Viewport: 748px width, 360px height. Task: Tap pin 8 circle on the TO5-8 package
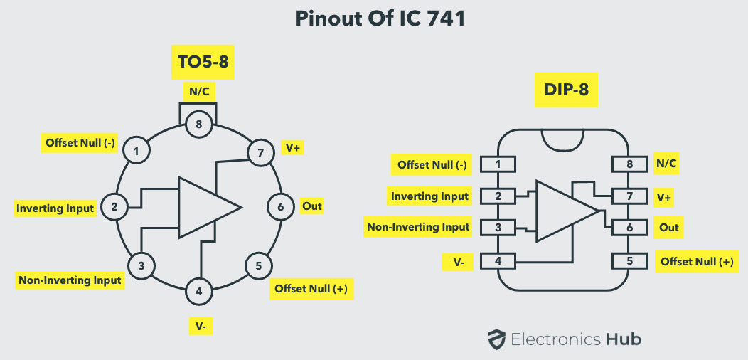pyautogui.click(x=199, y=125)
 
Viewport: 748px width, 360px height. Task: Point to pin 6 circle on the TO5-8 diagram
pyautogui.click(x=280, y=207)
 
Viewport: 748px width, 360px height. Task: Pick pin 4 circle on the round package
pyautogui.click(x=198, y=290)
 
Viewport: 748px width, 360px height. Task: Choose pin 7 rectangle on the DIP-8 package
pyautogui.click(x=629, y=196)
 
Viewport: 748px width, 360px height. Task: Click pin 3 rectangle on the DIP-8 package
pyautogui.click(x=498, y=228)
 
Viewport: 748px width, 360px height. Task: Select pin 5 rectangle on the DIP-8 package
pyautogui.click(x=629, y=261)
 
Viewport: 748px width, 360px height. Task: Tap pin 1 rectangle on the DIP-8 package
pyautogui.click(x=498, y=164)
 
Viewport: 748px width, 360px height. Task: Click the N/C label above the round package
pyautogui.click(x=199, y=91)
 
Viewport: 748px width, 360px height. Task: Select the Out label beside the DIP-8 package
pyautogui.click(x=669, y=228)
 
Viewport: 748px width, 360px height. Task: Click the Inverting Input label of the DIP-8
pyautogui.click(x=430, y=196)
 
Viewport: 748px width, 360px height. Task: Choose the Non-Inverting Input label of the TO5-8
pyautogui.click(x=70, y=280)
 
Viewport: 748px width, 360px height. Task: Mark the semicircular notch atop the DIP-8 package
pyautogui.click(x=564, y=140)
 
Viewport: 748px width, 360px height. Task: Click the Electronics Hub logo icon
pyautogui.click(x=496, y=339)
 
